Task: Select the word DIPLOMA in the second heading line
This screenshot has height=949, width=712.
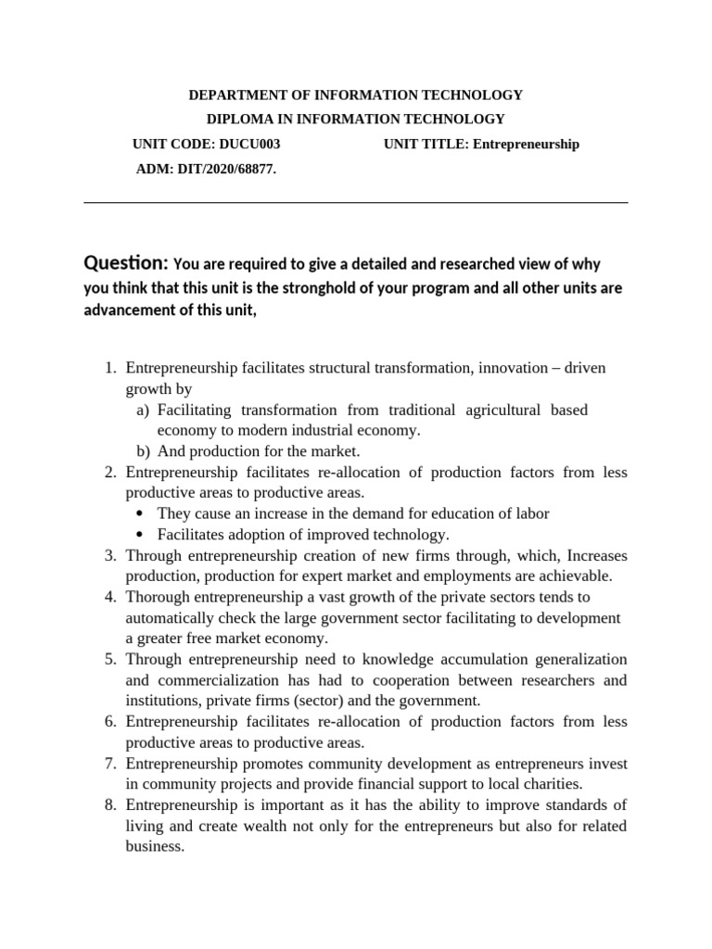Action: click(x=238, y=119)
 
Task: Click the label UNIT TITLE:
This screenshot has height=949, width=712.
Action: click(x=426, y=144)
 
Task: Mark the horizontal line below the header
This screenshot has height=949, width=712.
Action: click(x=356, y=202)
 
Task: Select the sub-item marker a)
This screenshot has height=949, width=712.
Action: click(x=143, y=410)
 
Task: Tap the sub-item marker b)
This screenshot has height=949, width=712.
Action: click(x=143, y=451)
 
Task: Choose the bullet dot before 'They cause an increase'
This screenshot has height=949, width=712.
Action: click(x=139, y=514)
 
